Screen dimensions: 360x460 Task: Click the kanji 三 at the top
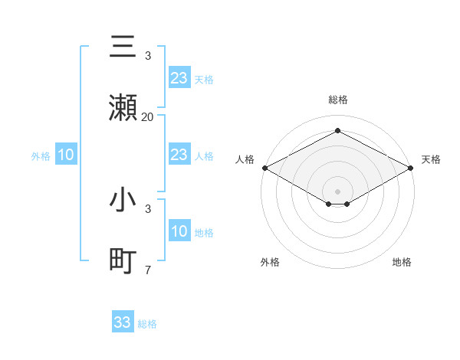coord(123,47)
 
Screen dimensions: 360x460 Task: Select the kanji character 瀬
coord(123,107)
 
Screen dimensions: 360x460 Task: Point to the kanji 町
coord(123,261)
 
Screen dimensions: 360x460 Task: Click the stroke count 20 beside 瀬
coord(148,116)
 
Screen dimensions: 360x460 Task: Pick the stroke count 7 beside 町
coord(148,270)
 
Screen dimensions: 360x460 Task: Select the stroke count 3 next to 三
coord(148,56)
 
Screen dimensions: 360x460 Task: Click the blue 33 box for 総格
coord(123,322)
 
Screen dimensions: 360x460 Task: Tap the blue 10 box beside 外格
coord(66,155)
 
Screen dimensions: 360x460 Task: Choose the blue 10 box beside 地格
coord(179,231)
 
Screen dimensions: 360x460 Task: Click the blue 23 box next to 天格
coord(179,78)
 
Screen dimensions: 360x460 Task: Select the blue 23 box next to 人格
coord(179,155)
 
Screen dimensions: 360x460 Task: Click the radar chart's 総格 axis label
coord(337,100)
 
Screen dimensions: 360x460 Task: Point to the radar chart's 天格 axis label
coord(431,159)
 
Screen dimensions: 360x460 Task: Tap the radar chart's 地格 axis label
coord(402,262)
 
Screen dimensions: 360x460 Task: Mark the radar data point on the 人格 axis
coord(264,168)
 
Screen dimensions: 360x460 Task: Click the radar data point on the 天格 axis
coord(411,168)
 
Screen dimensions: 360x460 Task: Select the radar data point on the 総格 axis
coord(337,131)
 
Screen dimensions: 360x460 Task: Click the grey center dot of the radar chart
coord(337,190)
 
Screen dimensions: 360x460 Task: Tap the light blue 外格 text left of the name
coord(41,156)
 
